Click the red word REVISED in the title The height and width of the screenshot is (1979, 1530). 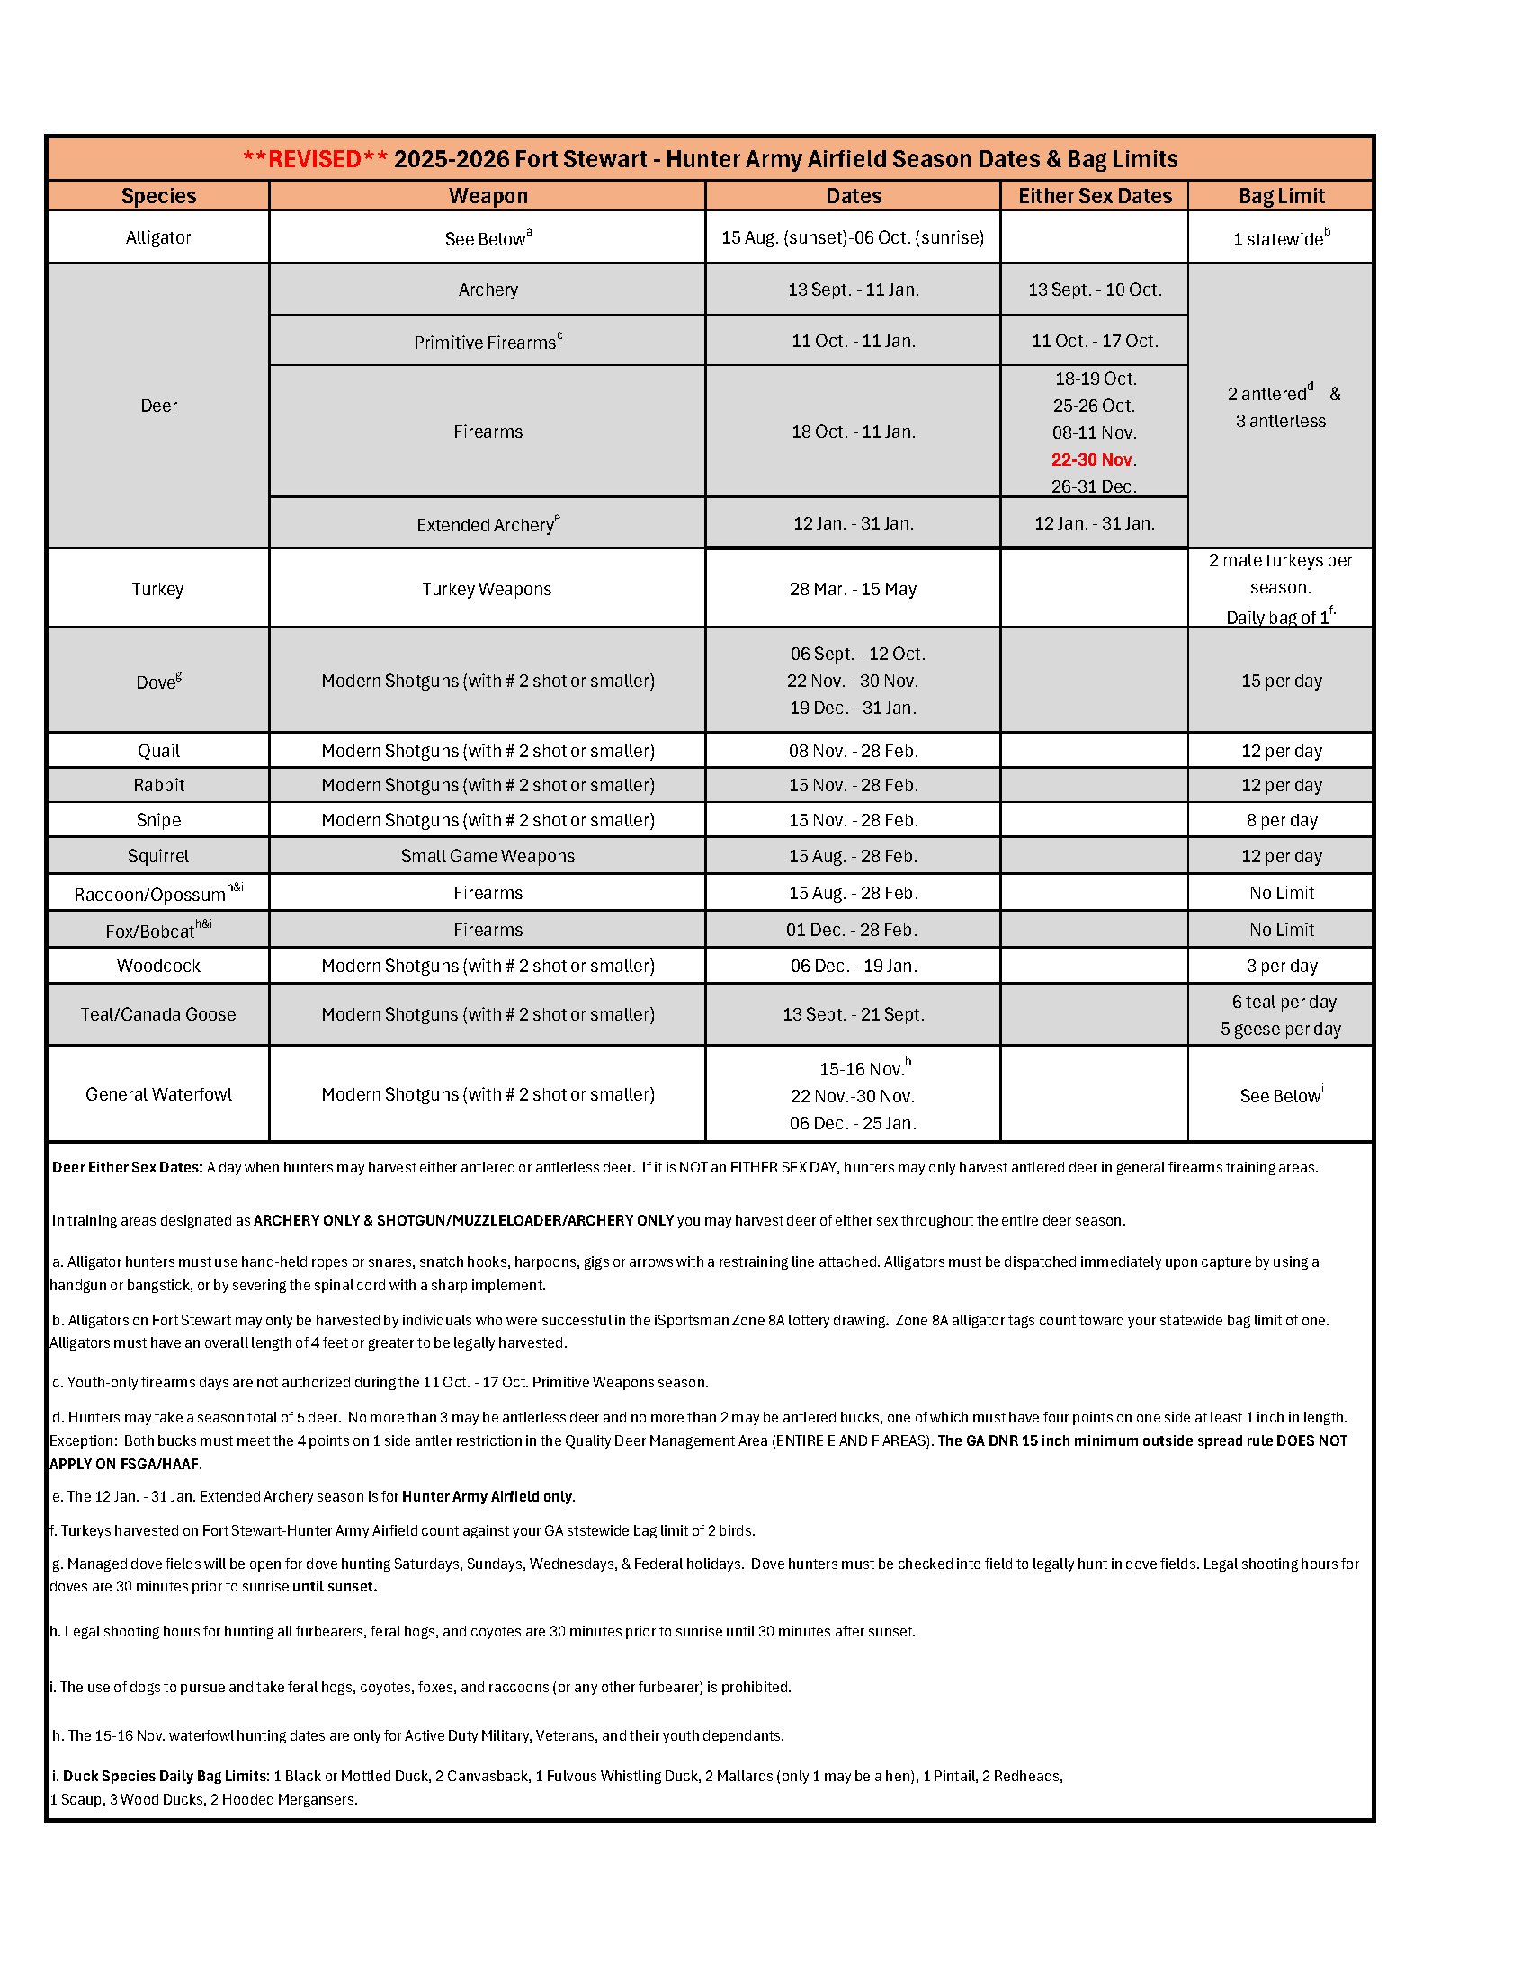point(315,159)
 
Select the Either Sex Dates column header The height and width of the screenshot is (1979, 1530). point(1094,196)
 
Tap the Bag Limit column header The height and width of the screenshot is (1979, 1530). point(1281,196)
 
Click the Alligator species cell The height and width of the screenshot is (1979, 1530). point(158,237)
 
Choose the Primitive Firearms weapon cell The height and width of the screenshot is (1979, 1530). point(488,342)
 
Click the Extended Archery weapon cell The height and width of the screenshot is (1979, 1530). point(488,525)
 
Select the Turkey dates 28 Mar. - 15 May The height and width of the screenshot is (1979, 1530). point(852,589)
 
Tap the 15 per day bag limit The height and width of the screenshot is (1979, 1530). point(1281,681)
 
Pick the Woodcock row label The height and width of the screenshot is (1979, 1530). point(158,966)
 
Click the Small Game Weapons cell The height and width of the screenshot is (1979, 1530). point(488,856)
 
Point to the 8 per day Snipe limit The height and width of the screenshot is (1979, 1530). point(1281,820)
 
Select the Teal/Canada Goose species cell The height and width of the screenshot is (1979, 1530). point(158,1014)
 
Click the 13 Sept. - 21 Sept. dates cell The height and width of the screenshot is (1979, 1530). point(853,1014)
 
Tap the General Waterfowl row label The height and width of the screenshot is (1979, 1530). point(158,1094)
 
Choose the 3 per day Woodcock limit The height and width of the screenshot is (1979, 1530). point(1281,966)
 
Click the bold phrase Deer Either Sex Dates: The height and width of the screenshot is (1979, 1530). point(127,1167)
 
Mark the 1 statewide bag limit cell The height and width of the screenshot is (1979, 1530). point(1281,238)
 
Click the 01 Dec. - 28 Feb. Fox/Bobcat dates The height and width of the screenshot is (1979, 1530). point(853,930)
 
